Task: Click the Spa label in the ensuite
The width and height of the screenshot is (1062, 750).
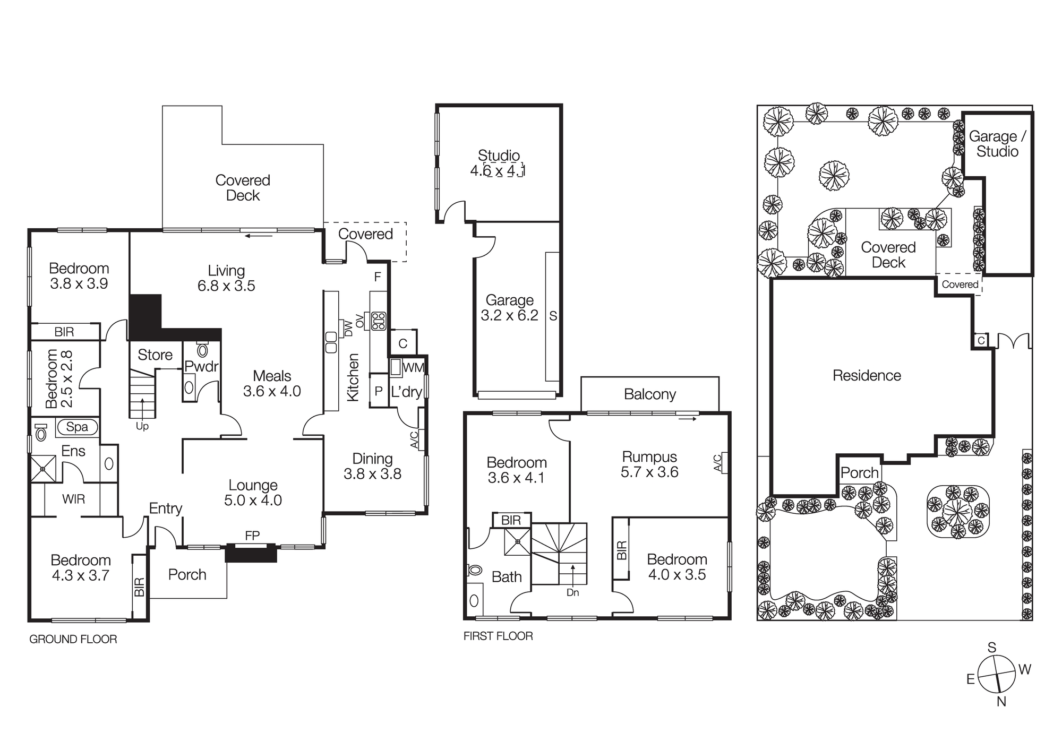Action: [77, 427]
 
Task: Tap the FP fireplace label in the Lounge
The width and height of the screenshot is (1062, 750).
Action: [252, 536]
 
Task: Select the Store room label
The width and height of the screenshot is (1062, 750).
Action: [155, 355]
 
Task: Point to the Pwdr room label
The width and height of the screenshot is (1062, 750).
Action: [202, 366]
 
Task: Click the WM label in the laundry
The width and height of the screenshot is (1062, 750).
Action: [414, 368]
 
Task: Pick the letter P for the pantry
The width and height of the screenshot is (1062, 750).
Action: [379, 391]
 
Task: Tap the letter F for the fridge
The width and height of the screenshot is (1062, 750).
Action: [378, 277]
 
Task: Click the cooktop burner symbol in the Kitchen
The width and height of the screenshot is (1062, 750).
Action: [379, 321]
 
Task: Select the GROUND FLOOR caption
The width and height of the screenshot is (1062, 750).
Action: [73, 639]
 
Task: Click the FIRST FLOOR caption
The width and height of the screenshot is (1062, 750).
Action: [498, 636]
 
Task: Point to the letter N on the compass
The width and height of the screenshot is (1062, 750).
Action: [1001, 702]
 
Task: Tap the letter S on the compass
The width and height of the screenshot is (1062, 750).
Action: [992, 648]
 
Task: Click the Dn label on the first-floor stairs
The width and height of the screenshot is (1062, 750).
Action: [572, 592]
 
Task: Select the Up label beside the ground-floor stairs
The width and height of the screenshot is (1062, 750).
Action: [142, 426]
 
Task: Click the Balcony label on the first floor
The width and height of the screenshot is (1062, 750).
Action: [650, 394]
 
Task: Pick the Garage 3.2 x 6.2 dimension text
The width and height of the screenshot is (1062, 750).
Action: [510, 315]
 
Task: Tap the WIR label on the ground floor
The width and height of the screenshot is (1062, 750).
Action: [73, 499]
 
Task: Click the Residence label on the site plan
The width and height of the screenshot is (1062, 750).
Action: [867, 376]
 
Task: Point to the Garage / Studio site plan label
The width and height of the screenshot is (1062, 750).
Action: [998, 144]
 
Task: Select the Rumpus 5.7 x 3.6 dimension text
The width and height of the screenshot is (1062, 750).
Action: [649, 464]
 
